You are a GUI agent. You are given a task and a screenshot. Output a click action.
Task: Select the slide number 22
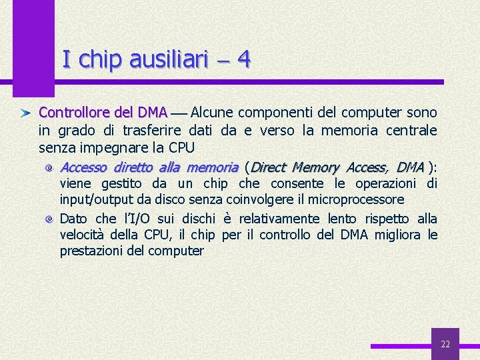click(x=445, y=344)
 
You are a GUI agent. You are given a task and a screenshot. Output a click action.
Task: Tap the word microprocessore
click(x=355, y=199)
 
